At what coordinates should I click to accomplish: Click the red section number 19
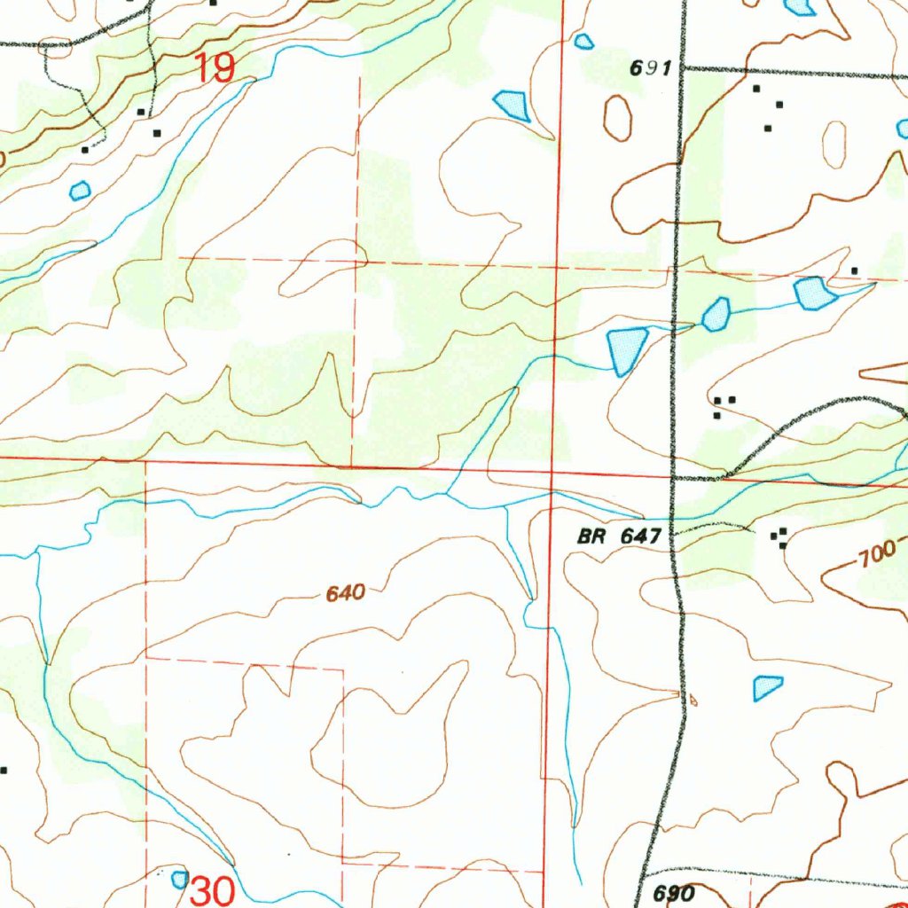click(x=214, y=67)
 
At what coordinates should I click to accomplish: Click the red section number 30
click(x=213, y=890)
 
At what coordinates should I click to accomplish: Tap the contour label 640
click(x=346, y=594)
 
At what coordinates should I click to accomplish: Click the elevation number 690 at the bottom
click(x=674, y=892)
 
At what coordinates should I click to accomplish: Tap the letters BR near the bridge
click(x=590, y=536)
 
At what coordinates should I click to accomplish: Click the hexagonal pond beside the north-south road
click(x=716, y=315)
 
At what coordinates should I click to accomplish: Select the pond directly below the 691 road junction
click(x=814, y=293)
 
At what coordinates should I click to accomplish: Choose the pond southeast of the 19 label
click(x=513, y=105)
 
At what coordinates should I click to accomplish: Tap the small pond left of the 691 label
click(x=583, y=41)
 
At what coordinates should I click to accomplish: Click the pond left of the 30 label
click(x=180, y=879)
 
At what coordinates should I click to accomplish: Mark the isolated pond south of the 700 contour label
click(x=767, y=687)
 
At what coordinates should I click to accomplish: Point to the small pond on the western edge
click(x=80, y=190)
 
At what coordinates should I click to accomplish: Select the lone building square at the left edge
click(x=4, y=770)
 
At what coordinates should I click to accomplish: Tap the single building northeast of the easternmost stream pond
click(x=854, y=270)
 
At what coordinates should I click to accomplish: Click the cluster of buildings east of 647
click(x=780, y=536)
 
